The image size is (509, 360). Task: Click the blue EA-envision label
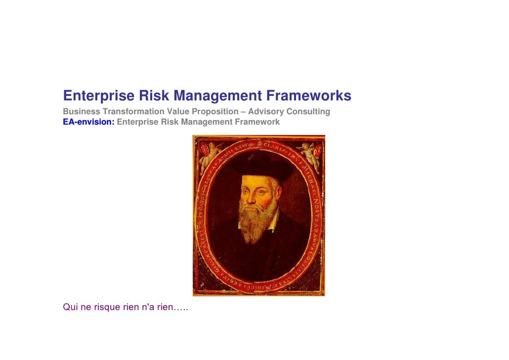pos(88,122)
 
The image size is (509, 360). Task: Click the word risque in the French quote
pos(107,307)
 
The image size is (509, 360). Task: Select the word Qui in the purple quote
pos(70,307)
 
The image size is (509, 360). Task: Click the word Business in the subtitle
pos(81,112)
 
